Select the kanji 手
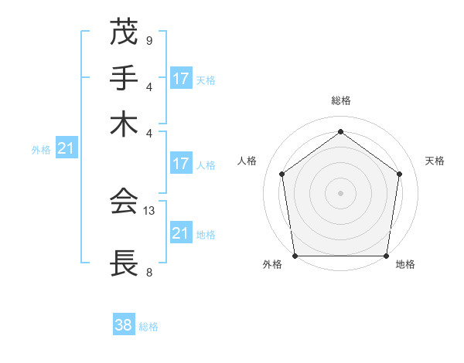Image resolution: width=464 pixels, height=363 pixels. pos(124,78)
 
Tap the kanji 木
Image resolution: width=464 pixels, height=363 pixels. pos(124,124)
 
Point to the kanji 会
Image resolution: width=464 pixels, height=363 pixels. pos(124,202)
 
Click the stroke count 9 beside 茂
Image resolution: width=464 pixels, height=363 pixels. pos(148,39)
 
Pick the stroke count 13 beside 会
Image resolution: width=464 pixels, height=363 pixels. pos(150,209)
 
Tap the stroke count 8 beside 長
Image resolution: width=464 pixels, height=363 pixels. pos(148,271)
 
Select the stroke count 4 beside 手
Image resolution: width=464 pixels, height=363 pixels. pos(148,86)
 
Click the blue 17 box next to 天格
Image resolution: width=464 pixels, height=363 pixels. pos(181,79)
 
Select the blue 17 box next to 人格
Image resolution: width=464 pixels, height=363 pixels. pos(181,164)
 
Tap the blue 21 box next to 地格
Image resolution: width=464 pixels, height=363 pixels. pos(181,233)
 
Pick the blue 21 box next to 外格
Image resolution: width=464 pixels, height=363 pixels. pos(65,149)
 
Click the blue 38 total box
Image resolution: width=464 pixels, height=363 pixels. pos(123,325)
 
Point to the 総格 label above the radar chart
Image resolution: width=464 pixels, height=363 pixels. pos(341,100)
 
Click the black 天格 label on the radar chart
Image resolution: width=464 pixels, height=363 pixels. pos(435,161)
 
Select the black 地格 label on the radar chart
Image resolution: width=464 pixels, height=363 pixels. pos(405,264)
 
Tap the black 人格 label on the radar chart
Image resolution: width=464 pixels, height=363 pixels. pos(247,161)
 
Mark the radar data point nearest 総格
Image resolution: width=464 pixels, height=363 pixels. pos(340,132)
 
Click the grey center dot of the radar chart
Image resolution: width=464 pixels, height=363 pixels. pos(340,192)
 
